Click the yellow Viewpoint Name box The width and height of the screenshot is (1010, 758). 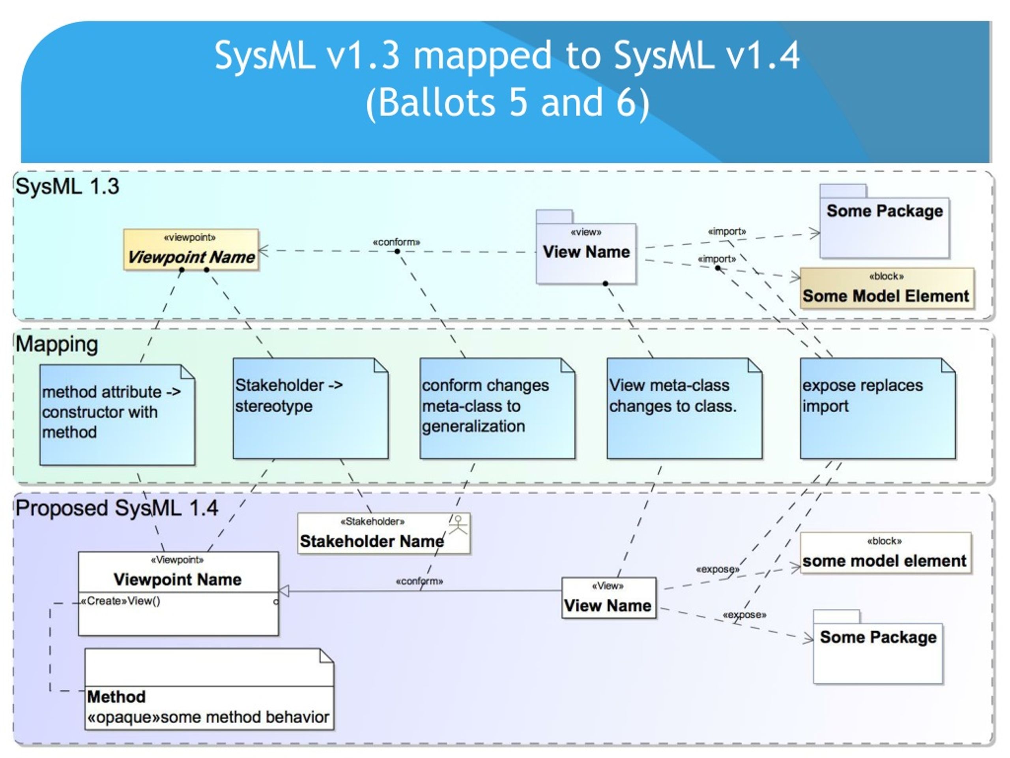coord(191,250)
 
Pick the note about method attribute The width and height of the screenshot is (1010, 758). coord(117,415)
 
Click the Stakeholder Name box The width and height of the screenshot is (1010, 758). coord(383,534)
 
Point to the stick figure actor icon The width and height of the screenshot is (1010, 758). coord(458,525)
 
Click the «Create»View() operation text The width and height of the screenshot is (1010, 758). coord(121,601)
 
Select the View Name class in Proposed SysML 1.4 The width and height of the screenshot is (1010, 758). coord(609,598)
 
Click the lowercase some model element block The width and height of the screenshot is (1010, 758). coord(885,553)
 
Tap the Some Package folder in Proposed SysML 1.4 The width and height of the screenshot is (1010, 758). coord(877,647)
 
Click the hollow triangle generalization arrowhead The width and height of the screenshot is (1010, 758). coord(284,591)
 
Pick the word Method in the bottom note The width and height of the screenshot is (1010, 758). coord(116,697)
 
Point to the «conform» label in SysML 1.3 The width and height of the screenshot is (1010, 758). coord(397,242)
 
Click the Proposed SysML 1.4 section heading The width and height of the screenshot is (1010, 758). coord(117,508)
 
